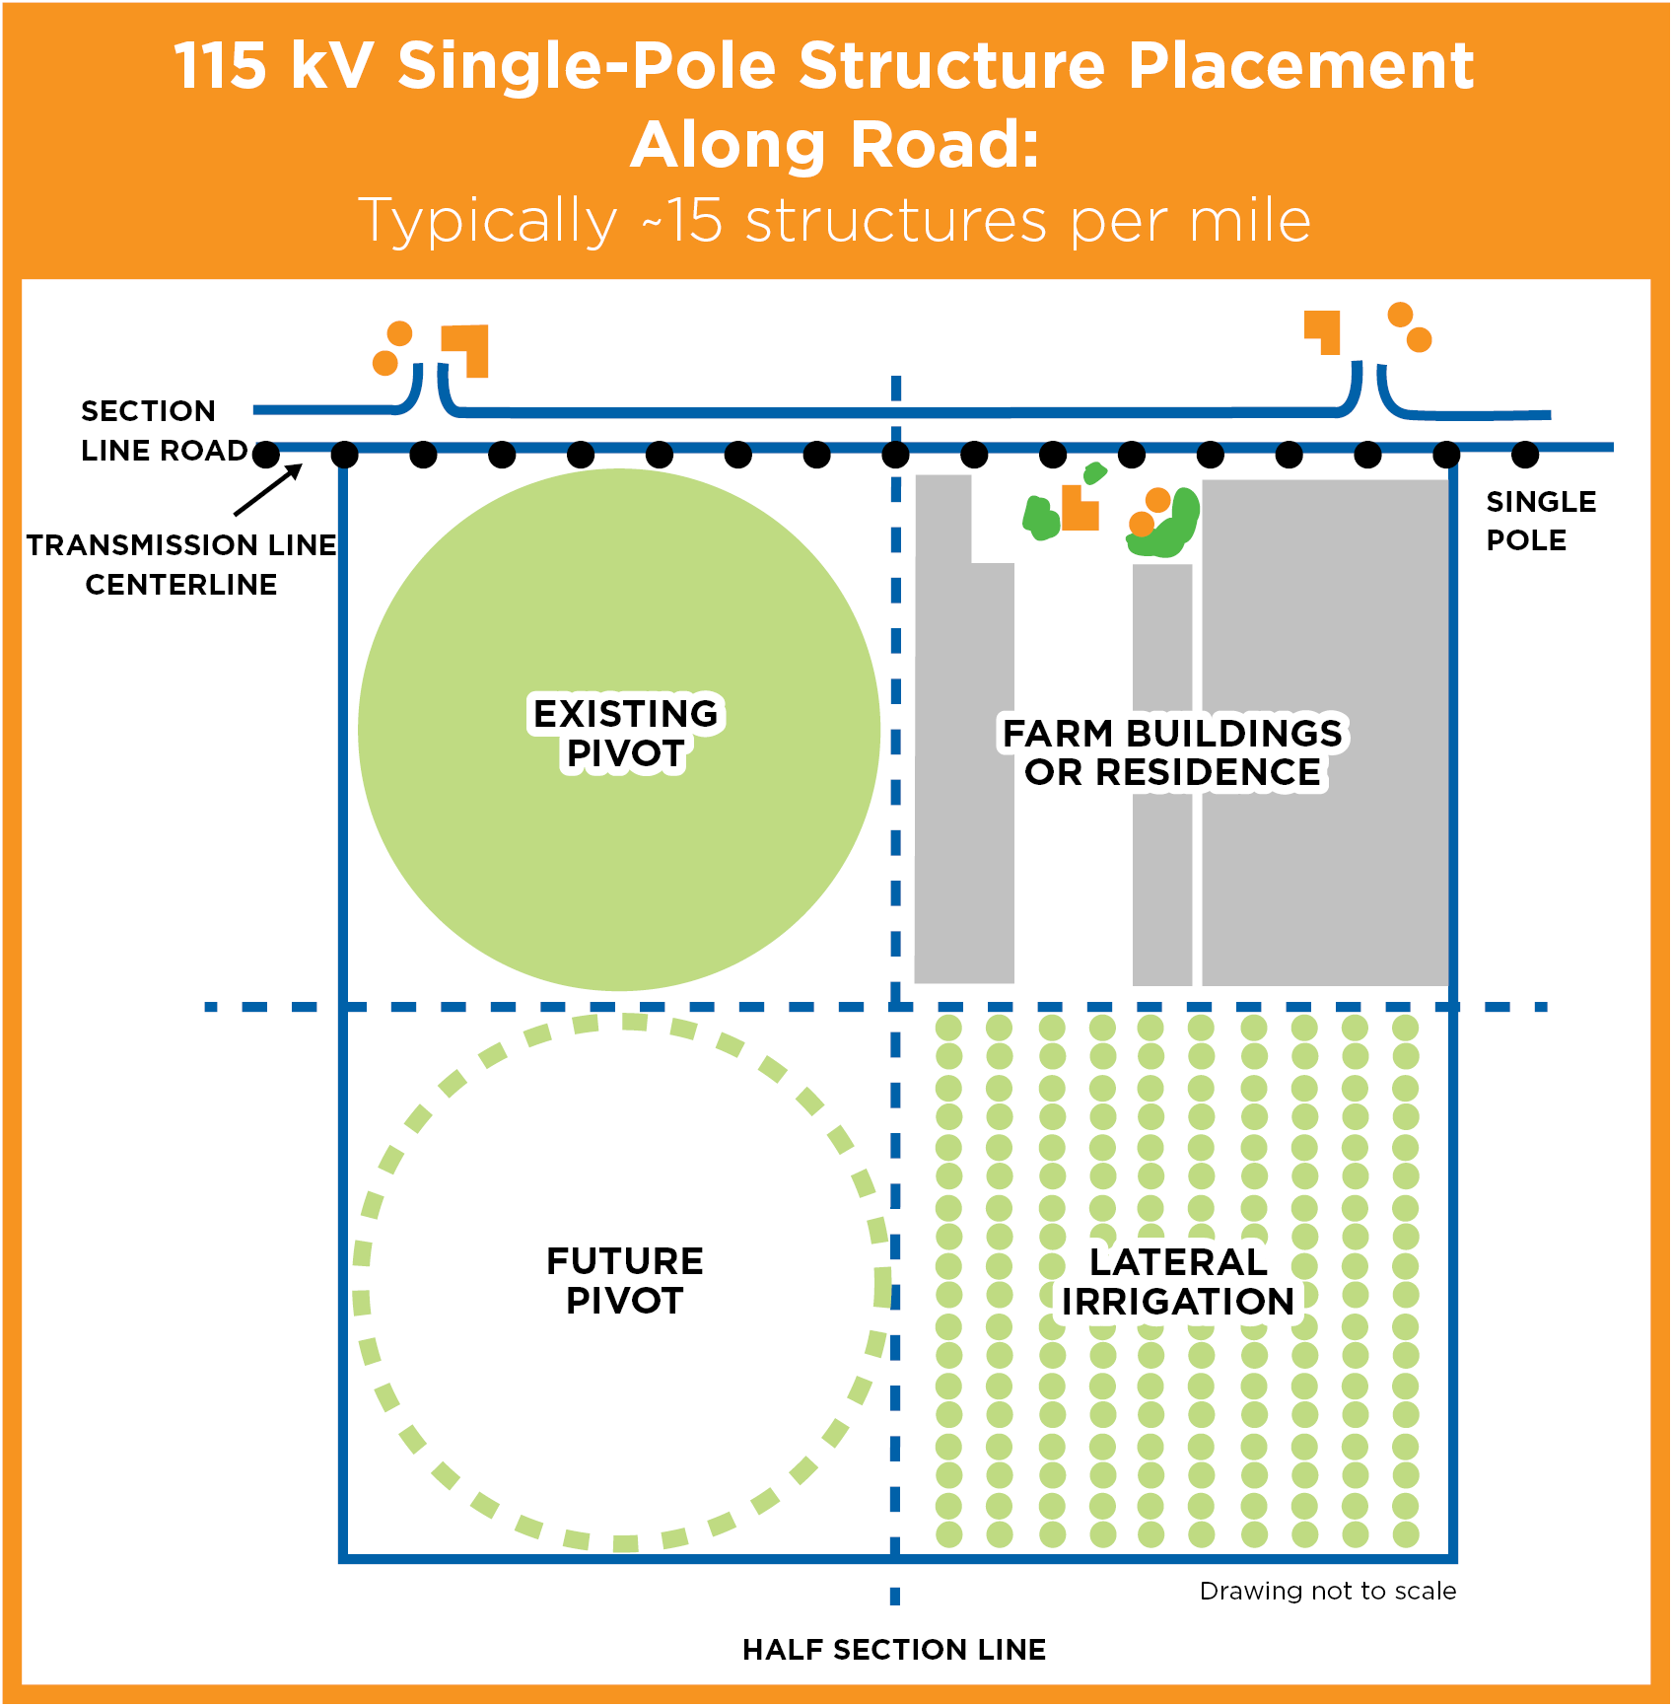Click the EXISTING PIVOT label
pos(625,733)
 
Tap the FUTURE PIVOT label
pos(625,1280)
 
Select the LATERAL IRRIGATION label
pos(1177,1281)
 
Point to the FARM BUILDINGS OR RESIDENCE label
pos(1172,752)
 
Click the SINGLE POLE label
pos(1540,521)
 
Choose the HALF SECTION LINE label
pos(894,1649)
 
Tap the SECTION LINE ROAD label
pos(163,430)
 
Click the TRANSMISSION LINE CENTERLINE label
pos(181,564)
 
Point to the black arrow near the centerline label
pos(268,489)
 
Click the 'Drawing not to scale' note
pos(1327,1591)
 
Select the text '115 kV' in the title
pos(273,66)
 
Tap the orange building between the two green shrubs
pos(1080,508)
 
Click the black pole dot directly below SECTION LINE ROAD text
pos(266,455)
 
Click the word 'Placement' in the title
pos(1300,66)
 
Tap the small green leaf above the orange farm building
pos(1094,473)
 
